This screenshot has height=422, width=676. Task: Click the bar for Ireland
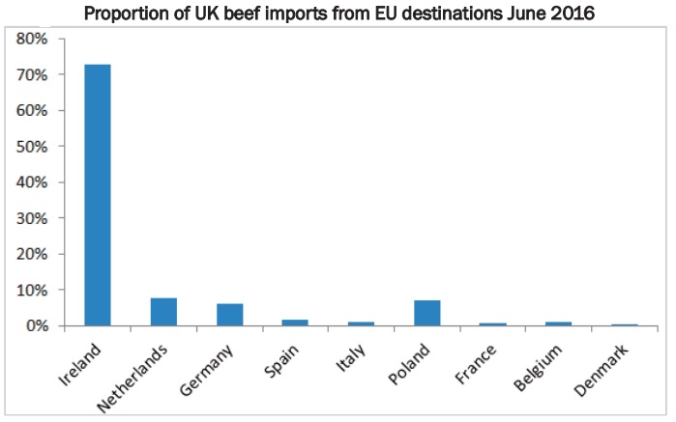[98, 195]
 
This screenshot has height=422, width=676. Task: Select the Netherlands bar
[163, 312]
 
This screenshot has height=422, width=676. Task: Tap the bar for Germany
[229, 315]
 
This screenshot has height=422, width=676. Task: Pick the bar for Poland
[427, 313]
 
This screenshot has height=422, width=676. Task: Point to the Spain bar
[296, 323]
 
